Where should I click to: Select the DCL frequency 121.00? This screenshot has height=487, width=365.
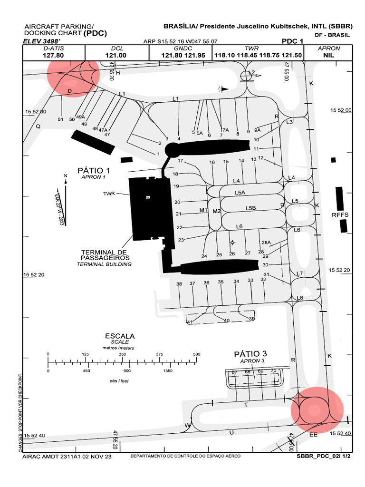click(x=117, y=55)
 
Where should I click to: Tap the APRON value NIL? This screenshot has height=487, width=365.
click(x=328, y=55)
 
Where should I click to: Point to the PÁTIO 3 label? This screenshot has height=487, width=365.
click(x=250, y=354)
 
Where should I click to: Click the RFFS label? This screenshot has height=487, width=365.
click(x=340, y=215)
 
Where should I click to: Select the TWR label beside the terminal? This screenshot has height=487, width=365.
click(x=109, y=194)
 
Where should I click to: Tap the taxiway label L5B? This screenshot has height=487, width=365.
click(x=250, y=208)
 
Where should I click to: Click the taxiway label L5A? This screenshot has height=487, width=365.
click(x=240, y=193)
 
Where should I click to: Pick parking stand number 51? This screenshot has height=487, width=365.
click(x=60, y=119)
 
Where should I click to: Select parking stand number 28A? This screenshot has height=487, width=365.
click(x=266, y=242)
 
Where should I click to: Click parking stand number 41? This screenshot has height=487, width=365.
click(x=189, y=322)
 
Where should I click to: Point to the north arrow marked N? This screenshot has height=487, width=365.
click(x=66, y=176)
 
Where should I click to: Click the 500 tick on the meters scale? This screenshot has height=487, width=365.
click(x=197, y=355)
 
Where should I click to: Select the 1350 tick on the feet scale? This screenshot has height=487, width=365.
click(x=167, y=371)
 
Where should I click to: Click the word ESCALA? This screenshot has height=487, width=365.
click(x=120, y=336)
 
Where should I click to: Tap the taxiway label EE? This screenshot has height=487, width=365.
click(x=314, y=435)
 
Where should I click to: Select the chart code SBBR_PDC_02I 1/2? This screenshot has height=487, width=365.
click(x=323, y=456)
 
